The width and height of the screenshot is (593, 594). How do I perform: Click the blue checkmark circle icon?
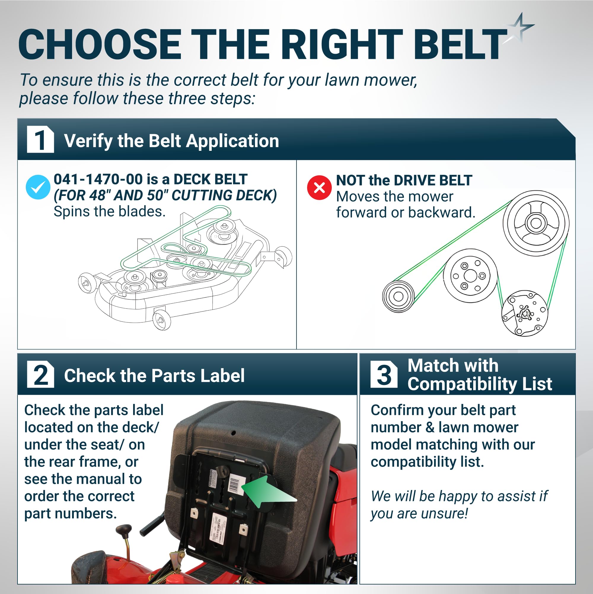coord(38,187)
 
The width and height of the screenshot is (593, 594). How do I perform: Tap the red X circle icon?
coord(319,188)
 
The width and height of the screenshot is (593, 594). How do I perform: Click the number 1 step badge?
coord(40,139)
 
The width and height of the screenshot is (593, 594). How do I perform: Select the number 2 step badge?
coord(40,374)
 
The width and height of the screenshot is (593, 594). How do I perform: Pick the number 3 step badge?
coord(384,374)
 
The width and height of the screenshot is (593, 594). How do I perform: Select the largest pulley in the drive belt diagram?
coord(536,223)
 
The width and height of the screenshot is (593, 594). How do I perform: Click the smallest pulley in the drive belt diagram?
coord(398,296)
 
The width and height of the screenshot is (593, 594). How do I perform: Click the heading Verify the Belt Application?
coord(171,141)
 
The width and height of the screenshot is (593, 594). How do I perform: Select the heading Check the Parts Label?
coord(154,376)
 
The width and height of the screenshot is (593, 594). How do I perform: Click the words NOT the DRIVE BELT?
coord(404,180)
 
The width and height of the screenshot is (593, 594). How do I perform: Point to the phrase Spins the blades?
coord(110,212)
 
